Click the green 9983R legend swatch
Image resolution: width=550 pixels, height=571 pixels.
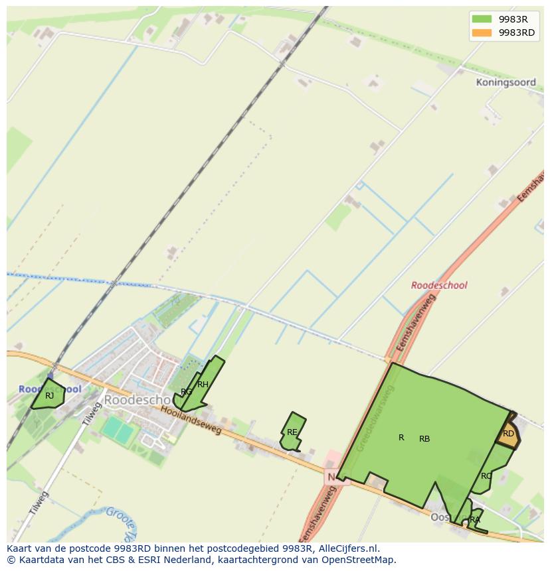pos(482,19)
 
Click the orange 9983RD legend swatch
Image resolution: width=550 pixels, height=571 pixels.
pos(482,32)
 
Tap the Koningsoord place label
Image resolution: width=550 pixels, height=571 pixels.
pos(505,83)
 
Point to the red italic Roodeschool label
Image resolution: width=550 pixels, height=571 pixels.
pos(439,285)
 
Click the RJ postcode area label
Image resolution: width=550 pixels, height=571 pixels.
pos(49,396)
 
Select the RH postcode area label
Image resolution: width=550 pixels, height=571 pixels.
pos(203,385)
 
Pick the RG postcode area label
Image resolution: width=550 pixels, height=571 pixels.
pos(187,392)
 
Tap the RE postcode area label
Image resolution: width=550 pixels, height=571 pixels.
pos(292,432)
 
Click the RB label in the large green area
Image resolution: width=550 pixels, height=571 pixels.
pos(424,439)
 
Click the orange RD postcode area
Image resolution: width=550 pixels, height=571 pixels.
pos(508,434)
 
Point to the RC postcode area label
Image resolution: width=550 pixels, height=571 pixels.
pos(486,476)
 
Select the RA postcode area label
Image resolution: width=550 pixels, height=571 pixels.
pos(474,520)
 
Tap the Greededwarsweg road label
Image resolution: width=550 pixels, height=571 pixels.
pos(376,418)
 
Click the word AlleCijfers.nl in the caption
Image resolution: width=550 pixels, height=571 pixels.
pos(349,548)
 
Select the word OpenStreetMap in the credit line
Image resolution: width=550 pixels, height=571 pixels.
pos(362,560)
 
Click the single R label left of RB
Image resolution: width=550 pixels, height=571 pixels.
pos(401,438)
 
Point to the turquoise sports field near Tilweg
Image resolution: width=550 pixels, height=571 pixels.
pos(118,430)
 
